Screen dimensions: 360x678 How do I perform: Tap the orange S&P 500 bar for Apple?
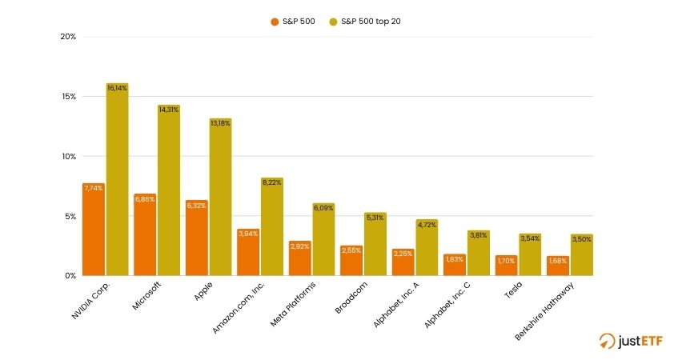[196, 238]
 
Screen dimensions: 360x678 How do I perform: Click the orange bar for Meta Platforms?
[299, 258]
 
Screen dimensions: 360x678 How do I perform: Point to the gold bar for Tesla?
[530, 254]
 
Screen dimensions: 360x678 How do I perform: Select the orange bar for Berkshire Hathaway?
[557, 266]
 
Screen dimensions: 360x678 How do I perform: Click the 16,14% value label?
[117, 88]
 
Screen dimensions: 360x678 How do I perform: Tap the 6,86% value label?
[145, 198]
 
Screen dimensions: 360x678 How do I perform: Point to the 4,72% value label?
[427, 225]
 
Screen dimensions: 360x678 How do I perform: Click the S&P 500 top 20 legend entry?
[370, 22]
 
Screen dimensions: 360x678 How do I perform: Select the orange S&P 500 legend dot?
[275, 22]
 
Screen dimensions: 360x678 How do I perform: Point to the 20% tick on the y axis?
[68, 37]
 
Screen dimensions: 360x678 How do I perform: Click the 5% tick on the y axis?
[70, 216]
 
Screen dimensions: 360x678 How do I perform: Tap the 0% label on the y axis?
[70, 276]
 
